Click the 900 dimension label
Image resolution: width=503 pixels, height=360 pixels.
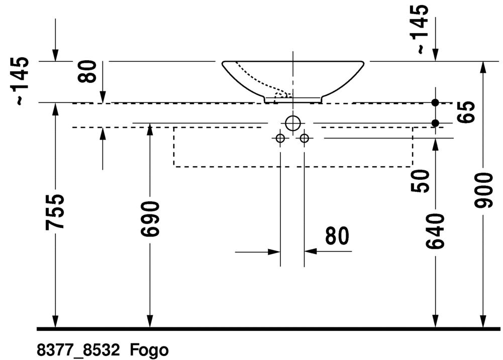(x=483, y=190)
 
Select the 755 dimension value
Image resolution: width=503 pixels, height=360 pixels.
(x=55, y=211)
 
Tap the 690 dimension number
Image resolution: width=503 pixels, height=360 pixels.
(x=150, y=219)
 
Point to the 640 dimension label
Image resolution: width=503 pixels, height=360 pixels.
(x=435, y=231)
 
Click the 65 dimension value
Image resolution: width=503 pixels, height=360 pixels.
(x=466, y=112)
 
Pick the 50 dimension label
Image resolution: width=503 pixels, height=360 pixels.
(x=420, y=181)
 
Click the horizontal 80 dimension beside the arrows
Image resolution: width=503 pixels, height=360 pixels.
(x=337, y=235)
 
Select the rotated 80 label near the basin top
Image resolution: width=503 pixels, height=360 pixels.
(x=87, y=71)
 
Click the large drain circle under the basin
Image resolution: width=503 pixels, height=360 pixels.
(x=292, y=123)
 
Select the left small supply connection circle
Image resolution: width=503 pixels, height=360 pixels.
(x=280, y=139)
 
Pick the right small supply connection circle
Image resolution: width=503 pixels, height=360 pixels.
(x=304, y=139)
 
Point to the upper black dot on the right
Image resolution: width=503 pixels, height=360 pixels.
(x=435, y=102)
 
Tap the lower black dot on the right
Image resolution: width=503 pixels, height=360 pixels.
(x=435, y=123)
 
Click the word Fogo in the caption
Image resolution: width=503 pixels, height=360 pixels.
(x=149, y=350)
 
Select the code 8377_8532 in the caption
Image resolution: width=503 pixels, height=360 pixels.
(x=78, y=350)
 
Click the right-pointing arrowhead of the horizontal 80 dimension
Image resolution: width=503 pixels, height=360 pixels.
(x=274, y=252)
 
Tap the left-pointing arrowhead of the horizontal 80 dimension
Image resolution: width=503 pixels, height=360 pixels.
(x=311, y=252)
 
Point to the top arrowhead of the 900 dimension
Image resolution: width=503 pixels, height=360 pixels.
(x=483, y=67)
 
